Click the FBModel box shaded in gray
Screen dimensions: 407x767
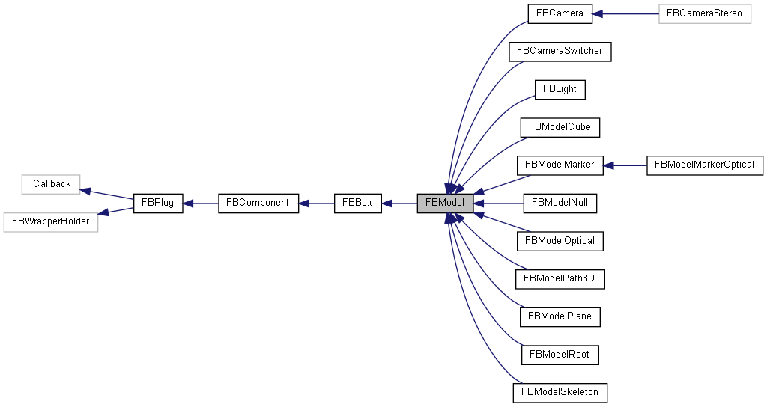[x=445, y=203]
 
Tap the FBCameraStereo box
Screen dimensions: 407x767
[x=704, y=13]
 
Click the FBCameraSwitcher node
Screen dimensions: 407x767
[x=560, y=52]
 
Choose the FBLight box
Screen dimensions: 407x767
[x=560, y=89]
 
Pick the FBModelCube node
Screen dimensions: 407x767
[x=560, y=127]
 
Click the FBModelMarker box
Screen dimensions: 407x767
[x=560, y=165]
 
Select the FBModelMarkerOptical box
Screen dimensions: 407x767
[x=704, y=165]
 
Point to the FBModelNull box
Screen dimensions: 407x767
[x=560, y=203]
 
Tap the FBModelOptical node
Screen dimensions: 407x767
[x=560, y=241]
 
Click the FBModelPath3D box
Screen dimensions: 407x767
[x=560, y=278]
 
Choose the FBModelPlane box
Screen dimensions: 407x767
[x=560, y=316]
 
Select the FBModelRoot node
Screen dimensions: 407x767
[x=560, y=354]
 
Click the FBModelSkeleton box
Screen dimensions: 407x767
[x=560, y=392]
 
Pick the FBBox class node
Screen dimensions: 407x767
[x=357, y=203]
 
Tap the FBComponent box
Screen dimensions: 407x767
[x=258, y=203]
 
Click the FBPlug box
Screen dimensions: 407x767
[x=158, y=203]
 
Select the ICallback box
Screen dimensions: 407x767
[x=50, y=184]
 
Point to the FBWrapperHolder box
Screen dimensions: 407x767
[x=51, y=221]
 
